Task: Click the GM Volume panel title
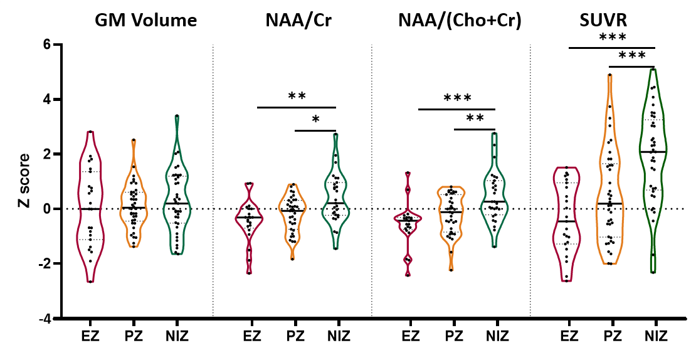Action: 145,21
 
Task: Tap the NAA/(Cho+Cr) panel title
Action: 460,21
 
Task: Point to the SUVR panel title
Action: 604,21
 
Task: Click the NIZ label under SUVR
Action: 655,336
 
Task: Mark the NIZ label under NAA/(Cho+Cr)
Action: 496,336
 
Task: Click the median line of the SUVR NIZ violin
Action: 653,152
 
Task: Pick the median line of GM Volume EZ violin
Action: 90,209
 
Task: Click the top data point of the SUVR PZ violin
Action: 609,75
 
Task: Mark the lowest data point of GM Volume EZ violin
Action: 90,282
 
